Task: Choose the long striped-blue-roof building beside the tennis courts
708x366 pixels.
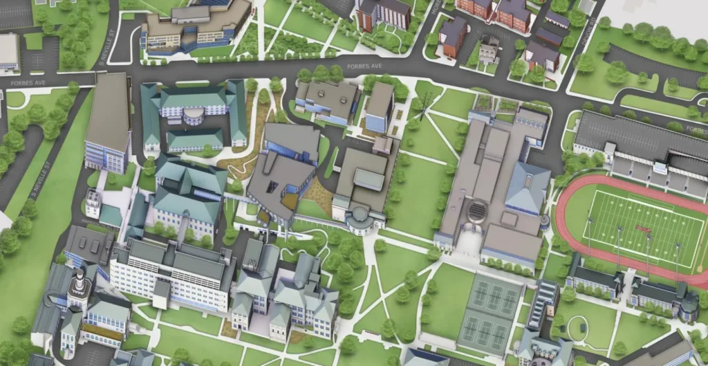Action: coord(542,304)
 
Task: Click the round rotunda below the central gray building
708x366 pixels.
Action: coord(360,221)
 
